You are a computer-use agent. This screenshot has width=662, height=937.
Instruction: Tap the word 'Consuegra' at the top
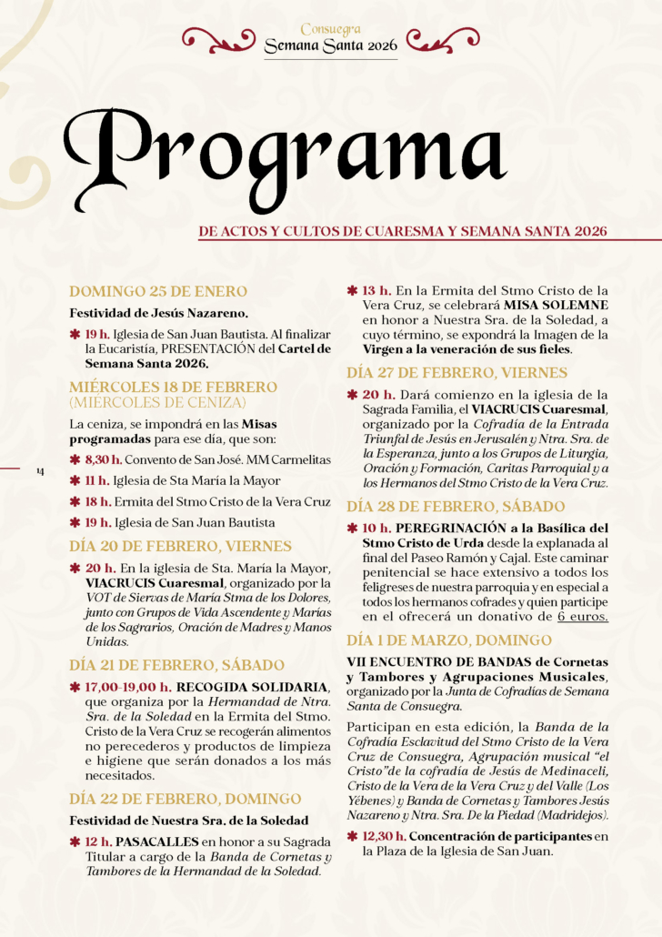click(x=330, y=30)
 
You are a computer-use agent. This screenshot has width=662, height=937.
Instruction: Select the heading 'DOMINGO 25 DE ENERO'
click(x=158, y=291)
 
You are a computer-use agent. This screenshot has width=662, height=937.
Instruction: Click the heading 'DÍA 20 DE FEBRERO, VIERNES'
click(x=180, y=546)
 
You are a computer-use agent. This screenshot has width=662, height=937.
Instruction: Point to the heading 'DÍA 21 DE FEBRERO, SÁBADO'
click(x=177, y=665)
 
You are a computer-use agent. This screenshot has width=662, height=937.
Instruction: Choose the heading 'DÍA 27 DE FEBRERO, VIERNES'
click(x=457, y=372)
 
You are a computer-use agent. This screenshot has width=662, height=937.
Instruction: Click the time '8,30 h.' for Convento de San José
click(x=104, y=460)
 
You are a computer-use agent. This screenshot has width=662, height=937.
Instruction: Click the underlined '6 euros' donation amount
click(x=583, y=616)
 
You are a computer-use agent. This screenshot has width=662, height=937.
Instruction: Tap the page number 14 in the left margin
click(x=39, y=470)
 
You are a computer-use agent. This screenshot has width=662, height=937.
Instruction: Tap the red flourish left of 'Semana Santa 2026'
click(x=219, y=38)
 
